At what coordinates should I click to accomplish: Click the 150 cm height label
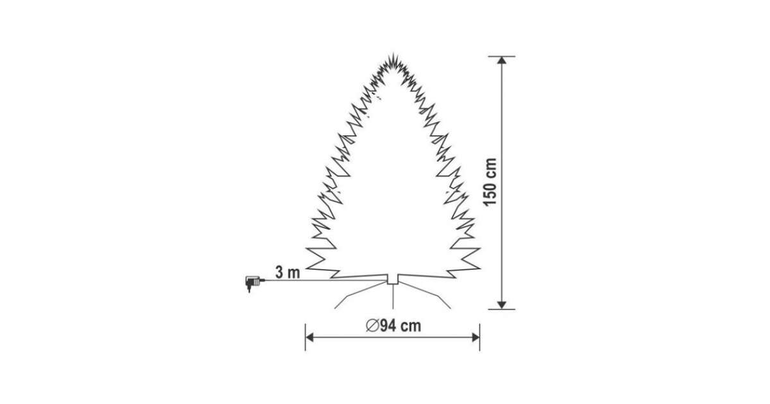pyautogui.click(x=490, y=182)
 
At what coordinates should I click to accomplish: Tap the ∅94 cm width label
pyautogui.click(x=393, y=326)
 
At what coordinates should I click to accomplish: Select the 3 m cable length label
pyautogui.click(x=287, y=273)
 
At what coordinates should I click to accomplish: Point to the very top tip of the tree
pyautogui.click(x=393, y=53)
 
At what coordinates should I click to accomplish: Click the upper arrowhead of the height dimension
pyautogui.click(x=502, y=60)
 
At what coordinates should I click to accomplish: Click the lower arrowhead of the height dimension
pyautogui.click(x=502, y=305)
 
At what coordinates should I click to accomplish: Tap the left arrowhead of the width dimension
pyautogui.click(x=310, y=337)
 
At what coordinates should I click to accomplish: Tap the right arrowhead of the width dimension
pyautogui.click(x=475, y=337)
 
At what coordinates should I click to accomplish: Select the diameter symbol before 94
pyautogui.click(x=372, y=326)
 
